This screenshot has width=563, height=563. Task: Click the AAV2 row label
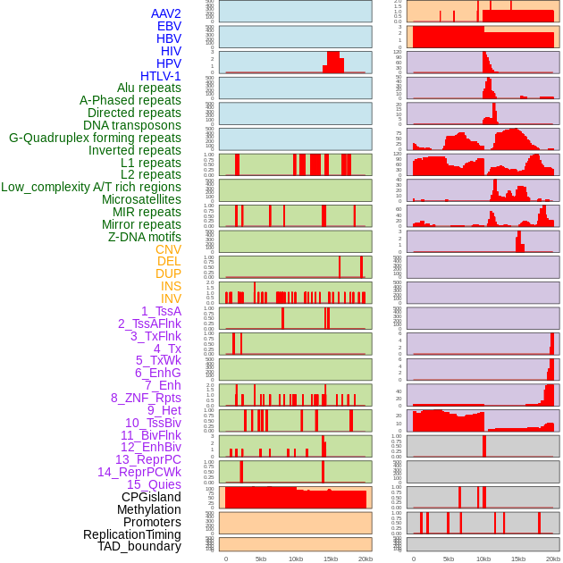tap(166, 13)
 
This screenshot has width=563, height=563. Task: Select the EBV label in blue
tap(169, 26)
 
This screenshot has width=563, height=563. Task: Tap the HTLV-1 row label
tap(161, 76)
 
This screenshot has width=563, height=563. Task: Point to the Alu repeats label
tap(149, 88)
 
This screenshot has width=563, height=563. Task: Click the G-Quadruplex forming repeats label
tap(95, 138)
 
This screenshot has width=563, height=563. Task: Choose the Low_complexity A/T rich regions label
tap(91, 187)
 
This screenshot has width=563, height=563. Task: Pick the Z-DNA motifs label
tap(145, 237)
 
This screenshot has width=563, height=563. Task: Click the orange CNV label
tap(168, 249)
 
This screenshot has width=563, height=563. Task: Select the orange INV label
tap(171, 298)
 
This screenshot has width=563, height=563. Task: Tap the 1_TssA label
tap(161, 311)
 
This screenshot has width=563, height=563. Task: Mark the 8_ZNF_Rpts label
tap(146, 398)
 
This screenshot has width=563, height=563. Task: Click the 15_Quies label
tap(154, 484)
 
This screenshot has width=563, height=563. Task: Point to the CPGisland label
tap(151, 497)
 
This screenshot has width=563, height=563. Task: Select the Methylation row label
tap(149, 509)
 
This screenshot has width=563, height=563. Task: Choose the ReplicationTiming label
tap(132, 534)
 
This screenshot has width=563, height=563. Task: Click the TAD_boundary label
tap(139, 546)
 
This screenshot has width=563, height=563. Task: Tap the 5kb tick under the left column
tap(261, 559)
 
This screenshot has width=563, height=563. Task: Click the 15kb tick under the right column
tap(518, 559)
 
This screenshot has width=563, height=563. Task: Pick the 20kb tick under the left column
tap(366, 559)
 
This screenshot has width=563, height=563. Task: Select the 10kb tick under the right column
tap(483, 559)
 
